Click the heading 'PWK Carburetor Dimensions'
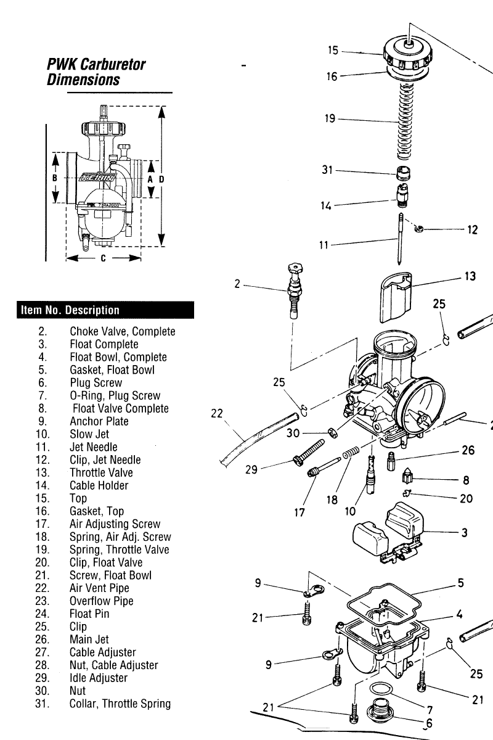click(x=96, y=72)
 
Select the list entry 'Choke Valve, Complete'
click(x=122, y=332)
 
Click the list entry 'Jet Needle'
click(x=93, y=447)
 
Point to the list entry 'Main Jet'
click(x=89, y=639)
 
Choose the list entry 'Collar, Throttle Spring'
click(x=120, y=704)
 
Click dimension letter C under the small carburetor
click(x=104, y=258)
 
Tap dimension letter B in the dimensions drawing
click(x=55, y=178)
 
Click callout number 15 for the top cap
click(x=333, y=50)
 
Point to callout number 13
click(x=470, y=276)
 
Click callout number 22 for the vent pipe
click(x=216, y=414)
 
